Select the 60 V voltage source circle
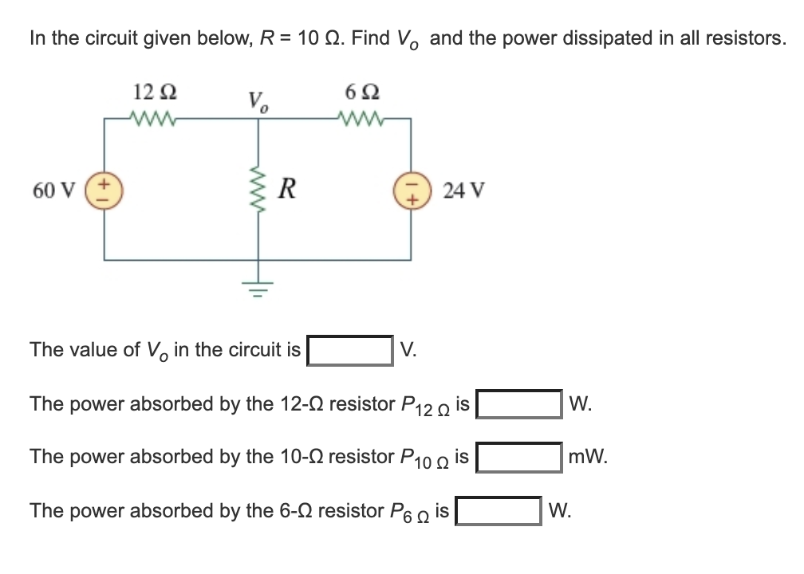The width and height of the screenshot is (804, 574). coord(104,191)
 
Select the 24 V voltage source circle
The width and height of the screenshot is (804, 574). coord(412,191)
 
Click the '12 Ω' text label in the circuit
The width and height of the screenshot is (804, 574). coord(151,91)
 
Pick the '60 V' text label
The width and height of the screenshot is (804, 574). coord(54,191)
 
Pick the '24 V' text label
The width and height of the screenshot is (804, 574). coord(459,191)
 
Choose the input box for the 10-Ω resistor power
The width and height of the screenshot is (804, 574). coord(519,458)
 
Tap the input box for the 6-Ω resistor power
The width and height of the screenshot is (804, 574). coord(499,511)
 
